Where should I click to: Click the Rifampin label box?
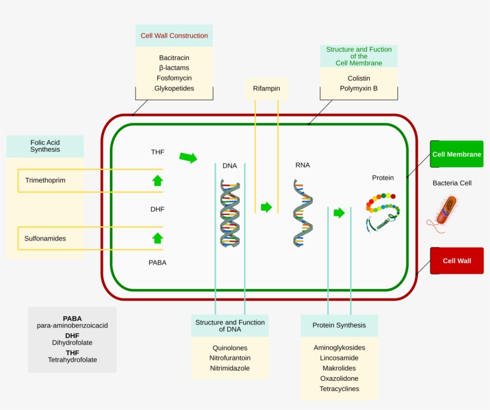pos(267,89)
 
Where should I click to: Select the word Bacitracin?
pos(174,58)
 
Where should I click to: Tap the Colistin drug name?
pos(359,78)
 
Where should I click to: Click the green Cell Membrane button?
pos(457,154)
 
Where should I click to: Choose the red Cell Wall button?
pos(457,261)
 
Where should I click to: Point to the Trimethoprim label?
pos(45,180)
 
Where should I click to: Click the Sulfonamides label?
pos(45,238)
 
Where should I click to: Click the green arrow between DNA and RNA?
pos(266,207)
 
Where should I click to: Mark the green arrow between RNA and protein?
pos(339,212)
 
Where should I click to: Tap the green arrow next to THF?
pos(188,158)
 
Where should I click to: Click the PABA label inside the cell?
pos(158,262)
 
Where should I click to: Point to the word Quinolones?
pos(229,347)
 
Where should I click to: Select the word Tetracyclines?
pos(339,389)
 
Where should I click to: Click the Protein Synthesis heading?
pos(339,325)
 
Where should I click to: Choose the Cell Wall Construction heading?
pos(174,36)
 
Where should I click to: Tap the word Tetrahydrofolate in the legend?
pos(72,360)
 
